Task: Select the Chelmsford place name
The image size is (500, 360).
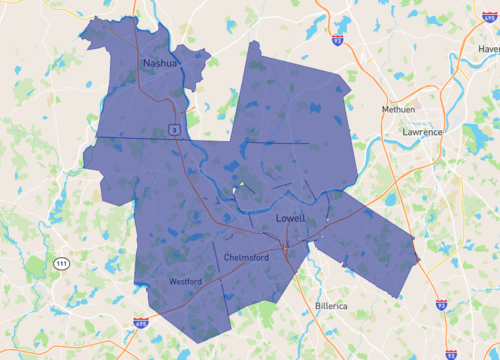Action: (x=249, y=255)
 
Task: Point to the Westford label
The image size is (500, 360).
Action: (x=185, y=282)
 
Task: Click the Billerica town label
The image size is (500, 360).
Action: (x=327, y=307)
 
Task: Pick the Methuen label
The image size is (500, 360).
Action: (x=398, y=109)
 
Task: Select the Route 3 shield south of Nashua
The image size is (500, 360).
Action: (x=174, y=129)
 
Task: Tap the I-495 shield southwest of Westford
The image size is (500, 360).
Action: (x=142, y=323)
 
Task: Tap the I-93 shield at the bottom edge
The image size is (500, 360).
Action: (x=451, y=353)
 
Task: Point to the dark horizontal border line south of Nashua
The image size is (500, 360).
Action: (x=130, y=136)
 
